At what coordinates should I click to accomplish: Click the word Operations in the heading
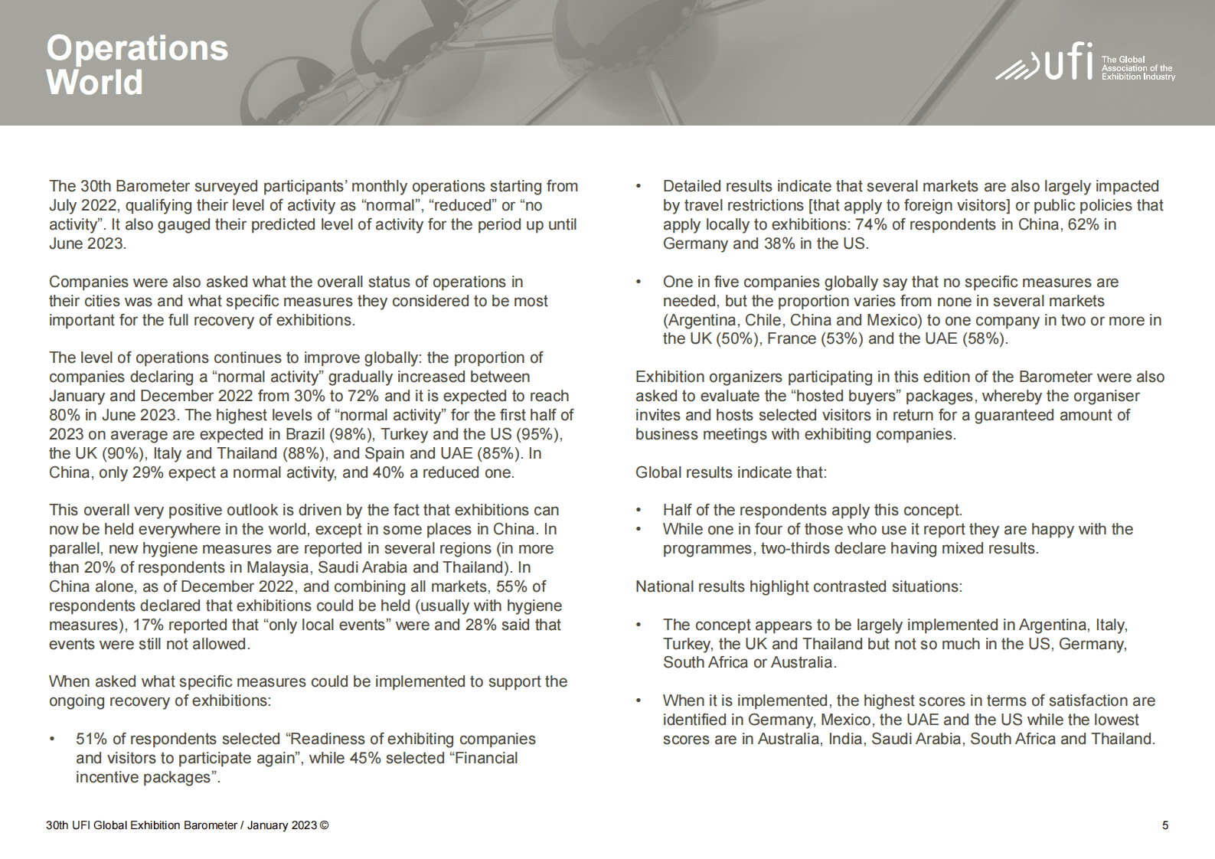[x=137, y=48]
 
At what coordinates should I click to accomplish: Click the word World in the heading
[x=94, y=83]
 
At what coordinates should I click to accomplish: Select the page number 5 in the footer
[x=1165, y=825]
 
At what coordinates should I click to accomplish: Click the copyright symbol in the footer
[x=325, y=825]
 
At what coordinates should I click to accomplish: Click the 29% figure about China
[x=148, y=472]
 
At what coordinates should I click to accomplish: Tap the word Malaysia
[x=279, y=567]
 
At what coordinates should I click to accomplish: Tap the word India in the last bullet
[x=845, y=739]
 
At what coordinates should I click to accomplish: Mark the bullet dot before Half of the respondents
[x=639, y=511]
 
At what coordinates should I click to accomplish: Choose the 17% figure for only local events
[x=149, y=625]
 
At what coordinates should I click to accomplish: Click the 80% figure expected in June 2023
[x=64, y=415]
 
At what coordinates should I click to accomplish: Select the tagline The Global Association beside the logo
[x=1137, y=68]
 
